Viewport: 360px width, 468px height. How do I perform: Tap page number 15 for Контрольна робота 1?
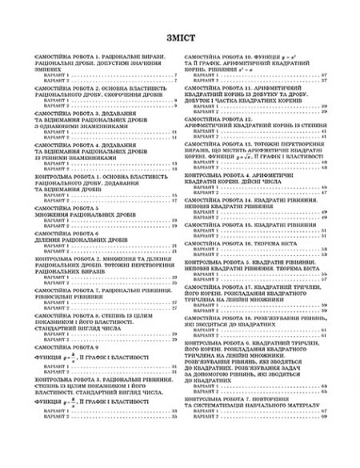(x=174, y=194)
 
